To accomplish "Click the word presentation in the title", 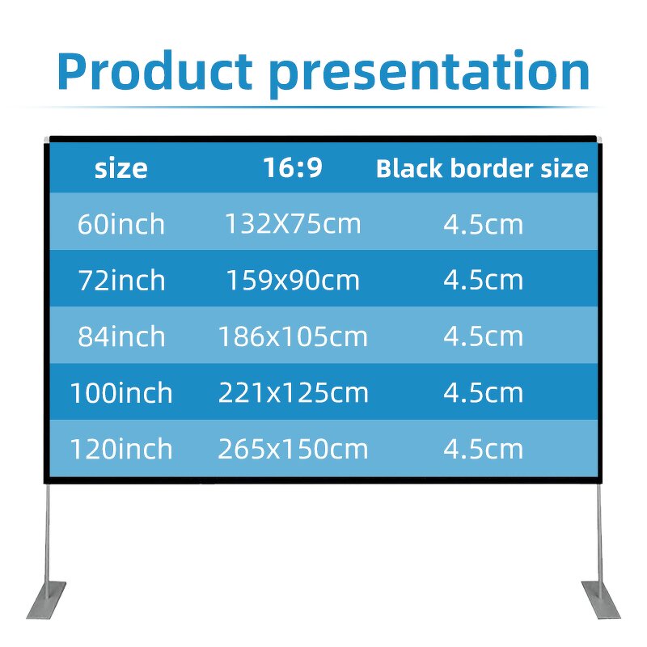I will click(x=429, y=73).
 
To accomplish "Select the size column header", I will click(x=121, y=169).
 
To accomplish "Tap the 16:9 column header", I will click(x=293, y=168).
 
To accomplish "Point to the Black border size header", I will click(x=482, y=169).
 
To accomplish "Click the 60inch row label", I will click(x=121, y=224).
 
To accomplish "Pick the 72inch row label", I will click(x=121, y=281).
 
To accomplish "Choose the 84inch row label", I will click(x=121, y=336).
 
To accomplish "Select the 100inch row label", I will click(x=121, y=393).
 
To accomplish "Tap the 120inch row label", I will click(x=121, y=449).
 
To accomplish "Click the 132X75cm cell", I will click(x=293, y=224).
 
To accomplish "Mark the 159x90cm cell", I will click(x=293, y=281).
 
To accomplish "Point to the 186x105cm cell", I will click(x=293, y=336).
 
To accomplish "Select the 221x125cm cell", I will click(x=293, y=393).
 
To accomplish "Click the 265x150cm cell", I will click(x=293, y=449).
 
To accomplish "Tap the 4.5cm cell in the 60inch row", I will click(x=484, y=224).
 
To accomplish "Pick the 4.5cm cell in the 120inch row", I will click(x=484, y=449).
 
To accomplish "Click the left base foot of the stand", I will click(x=47, y=599).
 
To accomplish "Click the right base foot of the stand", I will click(x=600, y=599).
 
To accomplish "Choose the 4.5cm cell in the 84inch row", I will click(x=484, y=336).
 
